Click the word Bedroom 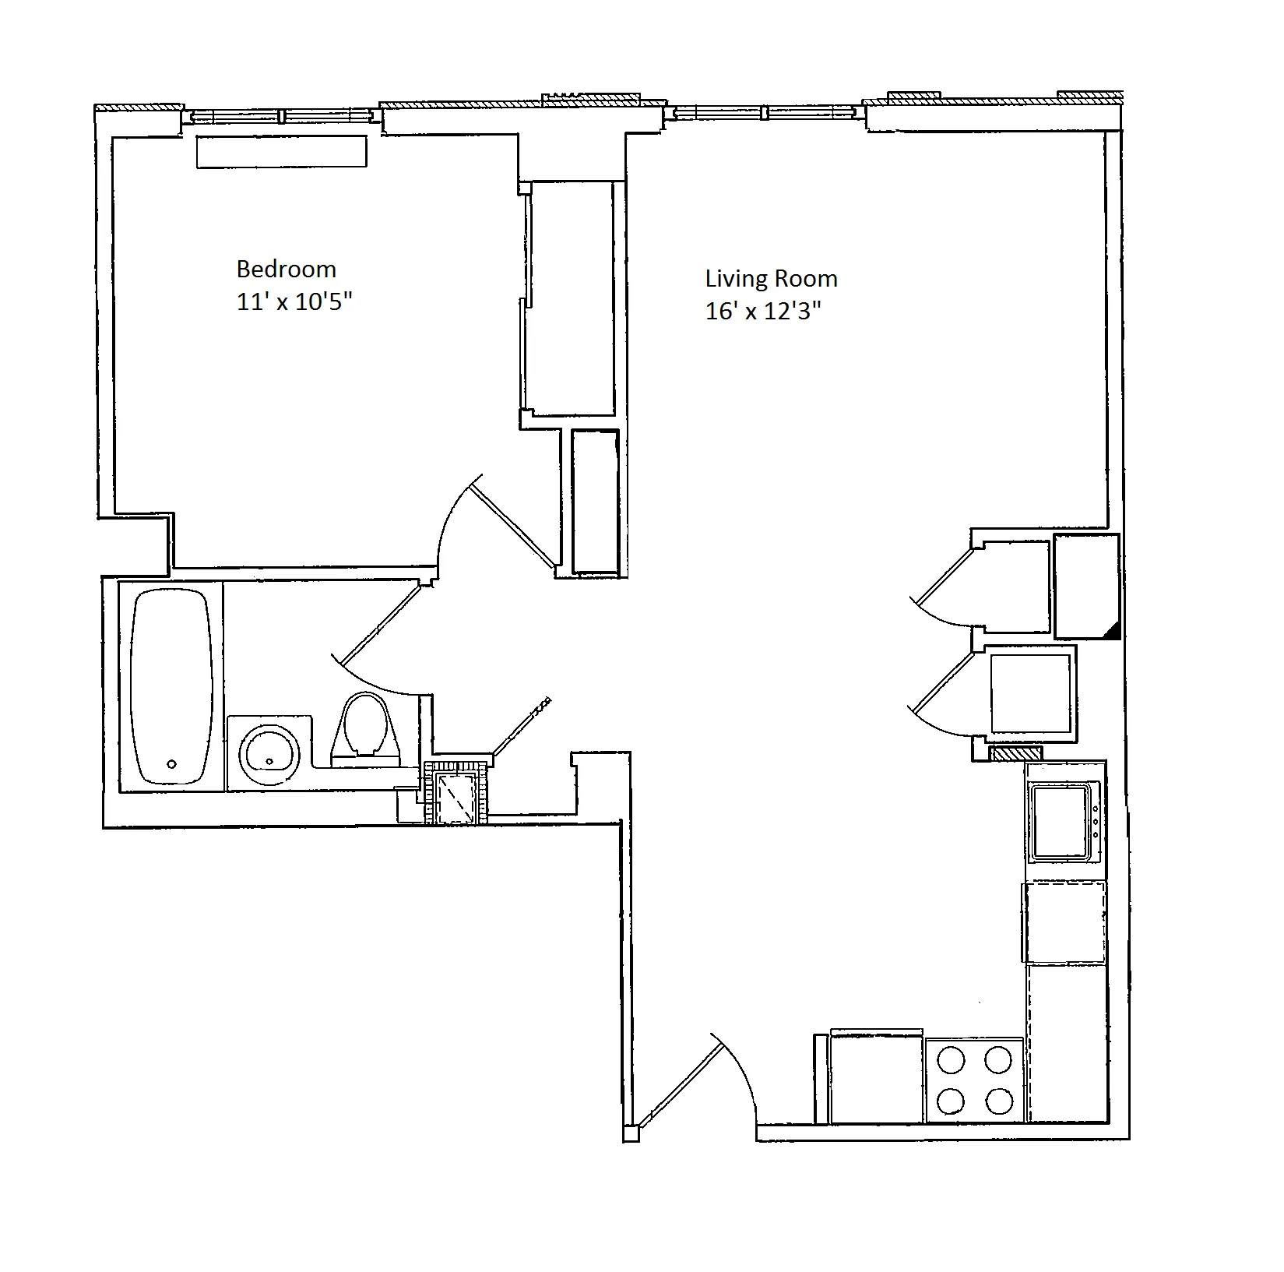coord(286,270)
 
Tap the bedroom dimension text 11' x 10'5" coord(294,302)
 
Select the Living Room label coord(771,279)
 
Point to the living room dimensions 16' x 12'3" coord(763,312)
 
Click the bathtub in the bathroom coord(171,685)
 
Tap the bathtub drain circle coord(172,764)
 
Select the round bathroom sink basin coord(269,753)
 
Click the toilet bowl coord(365,721)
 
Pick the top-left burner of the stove coord(951,1060)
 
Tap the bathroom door coord(382,623)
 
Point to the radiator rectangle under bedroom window coord(281,152)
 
